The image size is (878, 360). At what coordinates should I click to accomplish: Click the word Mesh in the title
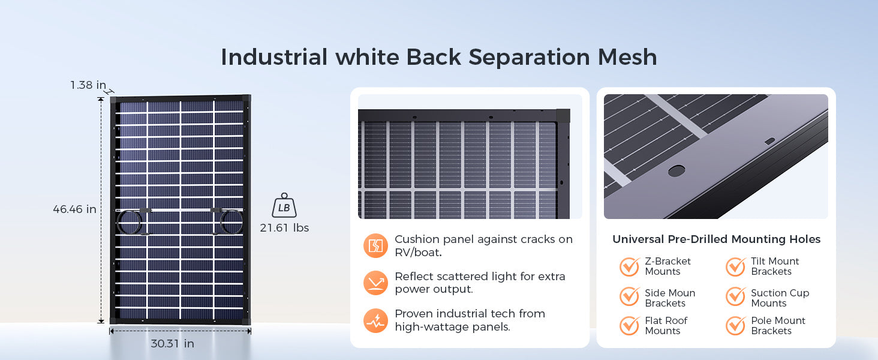click(x=627, y=57)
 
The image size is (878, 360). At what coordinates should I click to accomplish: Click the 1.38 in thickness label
click(x=88, y=85)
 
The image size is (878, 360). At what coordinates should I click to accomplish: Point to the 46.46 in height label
click(x=74, y=209)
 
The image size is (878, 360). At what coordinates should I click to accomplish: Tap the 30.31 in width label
click(x=173, y=344)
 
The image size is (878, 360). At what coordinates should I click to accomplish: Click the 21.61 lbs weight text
click(x=284, y=228)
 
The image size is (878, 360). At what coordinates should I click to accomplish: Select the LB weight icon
click(x=284, y=205)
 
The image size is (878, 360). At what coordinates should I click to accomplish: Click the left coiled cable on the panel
click(x=129, y=222)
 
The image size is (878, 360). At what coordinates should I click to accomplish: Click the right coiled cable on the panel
click(x=231, y=222)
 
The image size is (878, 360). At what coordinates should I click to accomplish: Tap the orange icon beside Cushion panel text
click(x=375, y=246)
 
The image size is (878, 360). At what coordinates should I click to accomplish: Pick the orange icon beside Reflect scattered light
click(x=375, y=283)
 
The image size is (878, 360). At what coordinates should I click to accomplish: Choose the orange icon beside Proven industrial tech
click(x=375, y=320)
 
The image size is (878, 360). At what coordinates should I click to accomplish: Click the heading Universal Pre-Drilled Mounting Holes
click(x=717, y=239)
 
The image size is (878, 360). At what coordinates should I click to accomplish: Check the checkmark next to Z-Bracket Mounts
click(x=630, y=266)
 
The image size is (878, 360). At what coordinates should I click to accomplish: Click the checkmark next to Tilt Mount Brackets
click(x=735, y=266)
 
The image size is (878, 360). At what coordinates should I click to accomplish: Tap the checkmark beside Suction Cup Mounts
click(x=735, y=296)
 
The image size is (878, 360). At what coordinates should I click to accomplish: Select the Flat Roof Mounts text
click(x=666, y=326)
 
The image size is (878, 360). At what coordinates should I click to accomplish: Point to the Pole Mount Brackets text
click(x=778, y=326)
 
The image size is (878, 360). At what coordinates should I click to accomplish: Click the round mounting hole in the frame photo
click(x=676, y=170)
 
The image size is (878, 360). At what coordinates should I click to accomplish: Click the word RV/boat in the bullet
click(x=418, y=253)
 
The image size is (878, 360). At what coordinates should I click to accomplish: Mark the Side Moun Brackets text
click(x=670, y=298)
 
